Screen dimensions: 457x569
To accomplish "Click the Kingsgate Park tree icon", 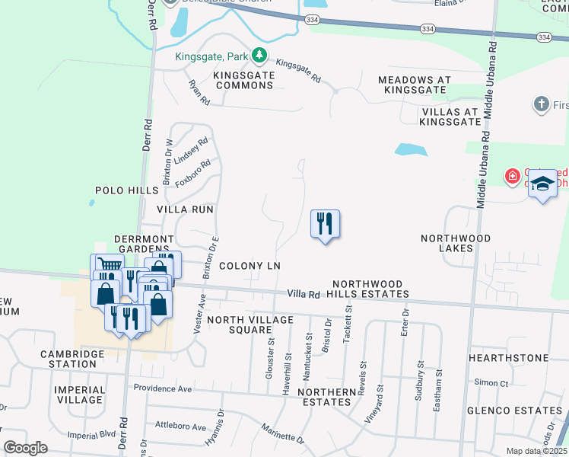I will tap(259, 55).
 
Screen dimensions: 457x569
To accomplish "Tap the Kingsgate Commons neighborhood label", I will tap(243, 80).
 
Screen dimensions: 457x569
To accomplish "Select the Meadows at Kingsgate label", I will tap(414, 85).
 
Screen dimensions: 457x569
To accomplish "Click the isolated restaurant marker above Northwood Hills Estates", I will tap(325, 225).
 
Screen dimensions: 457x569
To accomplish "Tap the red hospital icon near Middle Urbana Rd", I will tap(513, 177).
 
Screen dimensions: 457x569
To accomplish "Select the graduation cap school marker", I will tap(542, 184).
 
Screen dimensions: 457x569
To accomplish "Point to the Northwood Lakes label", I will tap(456, 244).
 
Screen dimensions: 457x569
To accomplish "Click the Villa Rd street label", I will tap(304, 293).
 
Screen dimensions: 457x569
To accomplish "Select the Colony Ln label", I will tap(250, 266).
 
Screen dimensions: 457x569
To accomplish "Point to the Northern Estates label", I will tap(327, 397).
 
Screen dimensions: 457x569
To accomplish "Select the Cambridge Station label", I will tap(79, 359).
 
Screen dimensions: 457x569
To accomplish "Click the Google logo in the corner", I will tap(25, 447).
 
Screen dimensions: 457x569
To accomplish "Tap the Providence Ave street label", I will tap(163, 388).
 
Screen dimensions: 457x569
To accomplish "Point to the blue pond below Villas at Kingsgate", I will tap(410, 149).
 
